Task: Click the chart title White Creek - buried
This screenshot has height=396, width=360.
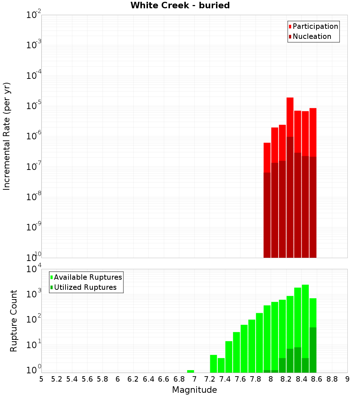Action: point(180,5)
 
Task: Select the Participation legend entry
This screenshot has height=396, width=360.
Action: point(313,26)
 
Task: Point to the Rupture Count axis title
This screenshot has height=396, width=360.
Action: point(14,320)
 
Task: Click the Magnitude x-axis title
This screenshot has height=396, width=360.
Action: point(194,390)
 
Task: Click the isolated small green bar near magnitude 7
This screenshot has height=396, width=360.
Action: point(191,371)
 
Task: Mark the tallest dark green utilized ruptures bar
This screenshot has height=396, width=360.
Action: point(313,349)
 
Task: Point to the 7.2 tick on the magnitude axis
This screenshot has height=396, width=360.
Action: point(210,379)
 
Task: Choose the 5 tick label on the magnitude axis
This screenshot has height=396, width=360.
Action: point(41,379)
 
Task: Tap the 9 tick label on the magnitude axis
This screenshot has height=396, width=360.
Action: point(347,379)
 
